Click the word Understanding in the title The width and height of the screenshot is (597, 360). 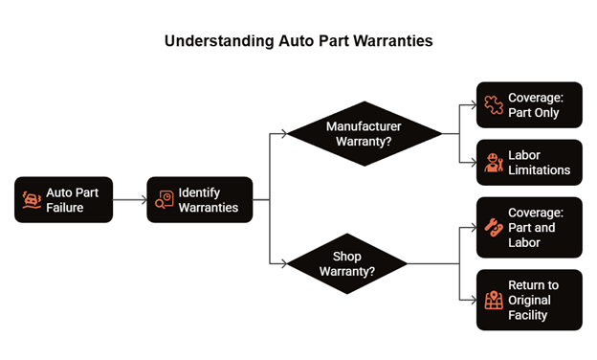coord(219,41)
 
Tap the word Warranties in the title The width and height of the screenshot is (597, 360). coord(393,41)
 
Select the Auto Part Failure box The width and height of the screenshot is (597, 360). coord(63,199)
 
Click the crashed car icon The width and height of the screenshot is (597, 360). coord(32,200)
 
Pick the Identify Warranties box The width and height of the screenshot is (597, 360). coord(200,199)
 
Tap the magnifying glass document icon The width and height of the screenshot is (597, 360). coord(165,199)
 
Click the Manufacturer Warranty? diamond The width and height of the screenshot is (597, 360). coord(365,134)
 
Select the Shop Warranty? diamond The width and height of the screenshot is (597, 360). coord(347,263)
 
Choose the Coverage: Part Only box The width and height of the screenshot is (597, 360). coord(529,104)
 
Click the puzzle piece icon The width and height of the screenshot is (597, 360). coord(494,104)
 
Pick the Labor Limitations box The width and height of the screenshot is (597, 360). coord(529,163)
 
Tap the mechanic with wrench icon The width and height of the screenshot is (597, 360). coord(494,163)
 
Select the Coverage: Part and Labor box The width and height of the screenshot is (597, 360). coord(529,228)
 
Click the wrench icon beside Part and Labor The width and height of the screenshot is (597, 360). coord(494,228)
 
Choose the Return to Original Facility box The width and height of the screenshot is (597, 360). coord(529,301)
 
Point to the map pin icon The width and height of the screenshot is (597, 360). coord(494,301)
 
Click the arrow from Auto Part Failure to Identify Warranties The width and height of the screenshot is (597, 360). coord(130,199)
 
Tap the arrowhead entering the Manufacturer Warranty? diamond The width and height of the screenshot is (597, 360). coord(284,134)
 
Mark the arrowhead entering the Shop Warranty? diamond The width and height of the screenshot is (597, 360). coord(284,263)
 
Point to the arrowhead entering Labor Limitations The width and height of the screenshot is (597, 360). coord(474,163)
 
